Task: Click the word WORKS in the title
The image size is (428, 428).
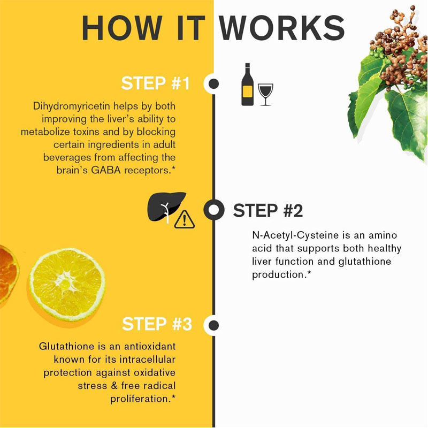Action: (282, 28)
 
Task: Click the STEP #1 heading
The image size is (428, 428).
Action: (155, 83)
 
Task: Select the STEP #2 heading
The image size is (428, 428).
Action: (268, 210)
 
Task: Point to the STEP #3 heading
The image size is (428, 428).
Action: (157, 324)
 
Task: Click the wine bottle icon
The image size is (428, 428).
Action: (247, 85)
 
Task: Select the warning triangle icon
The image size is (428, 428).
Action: (185, 219)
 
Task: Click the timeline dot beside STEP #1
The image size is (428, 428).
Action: (213, 83)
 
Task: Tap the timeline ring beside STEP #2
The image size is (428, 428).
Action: (214, 210)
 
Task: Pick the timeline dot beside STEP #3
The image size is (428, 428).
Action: (213, 325)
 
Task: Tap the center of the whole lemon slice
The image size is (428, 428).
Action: (67, 285)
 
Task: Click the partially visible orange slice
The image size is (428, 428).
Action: (8, 273)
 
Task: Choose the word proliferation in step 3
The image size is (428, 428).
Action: (140, 399)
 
